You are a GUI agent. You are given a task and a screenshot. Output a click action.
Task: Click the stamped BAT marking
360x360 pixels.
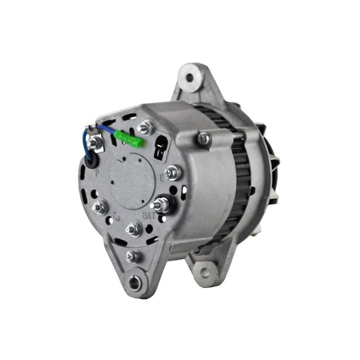(x=149, y=215)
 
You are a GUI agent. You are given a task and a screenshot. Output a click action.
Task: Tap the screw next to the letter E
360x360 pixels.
(x=172, y=172)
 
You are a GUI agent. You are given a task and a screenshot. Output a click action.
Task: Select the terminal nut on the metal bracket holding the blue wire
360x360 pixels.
(x=94, y=142)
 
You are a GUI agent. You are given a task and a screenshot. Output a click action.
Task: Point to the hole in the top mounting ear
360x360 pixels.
(x=189, y=77)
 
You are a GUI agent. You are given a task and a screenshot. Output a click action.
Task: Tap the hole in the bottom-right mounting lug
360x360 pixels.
(x=204, y=272)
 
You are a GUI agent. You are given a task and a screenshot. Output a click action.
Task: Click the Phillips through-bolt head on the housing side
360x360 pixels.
(x=204, y=139)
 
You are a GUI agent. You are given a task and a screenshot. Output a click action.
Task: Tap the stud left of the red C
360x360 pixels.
(x=99, y=207)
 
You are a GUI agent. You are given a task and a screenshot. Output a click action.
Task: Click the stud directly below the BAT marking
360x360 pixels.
(x=134, y=229)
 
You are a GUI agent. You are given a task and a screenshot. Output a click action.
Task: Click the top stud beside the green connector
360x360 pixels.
(x=146, y=128)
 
